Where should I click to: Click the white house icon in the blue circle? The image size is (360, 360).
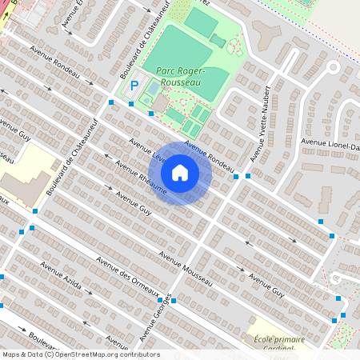pyautogui.click(x=180, y=173)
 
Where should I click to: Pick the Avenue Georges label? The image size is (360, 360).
pyautogui.click(x=157, y=319)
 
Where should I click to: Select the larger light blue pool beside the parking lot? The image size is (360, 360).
pyautogui.click(x=152, y=87)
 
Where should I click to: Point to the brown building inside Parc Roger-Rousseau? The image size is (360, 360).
pyautogui.click(x=161, y=103)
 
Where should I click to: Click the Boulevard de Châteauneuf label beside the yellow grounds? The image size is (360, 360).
pyautogui.click(x=59, y=168)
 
